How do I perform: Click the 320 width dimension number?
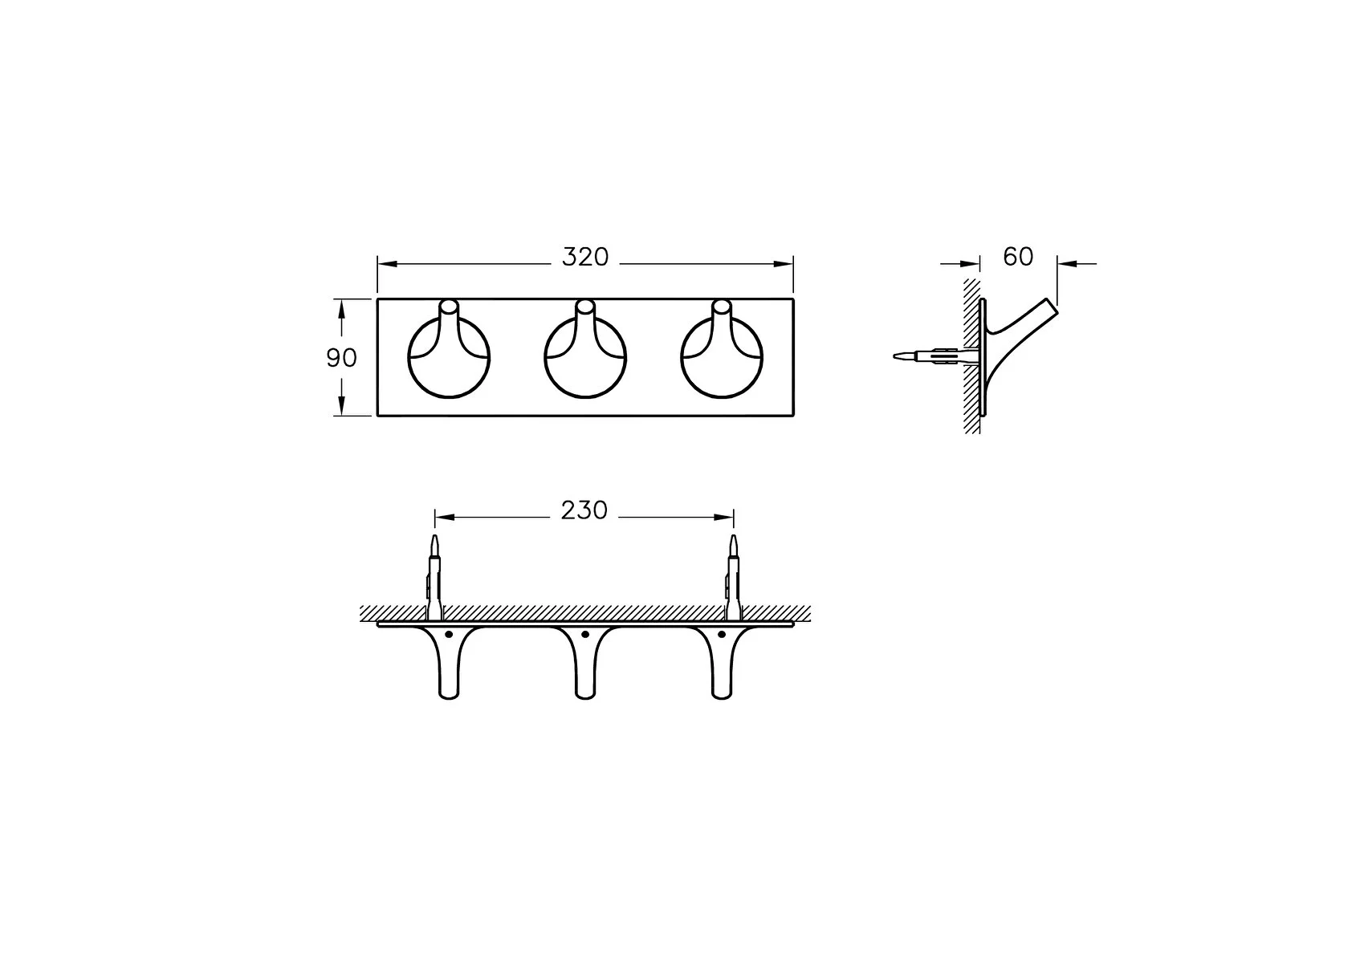pyautogui.click(x=585, y=258)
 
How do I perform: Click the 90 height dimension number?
pyautogui.click(x=342, y=359)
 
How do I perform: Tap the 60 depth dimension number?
pyautogui.click(x=1018, y=257)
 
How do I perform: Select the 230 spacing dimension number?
pyautogui.click(x=584, y=510)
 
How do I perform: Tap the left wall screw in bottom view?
pyautogui.click(x=434, y=578)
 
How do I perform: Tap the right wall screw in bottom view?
pyautogui.click(x=733, y=578)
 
